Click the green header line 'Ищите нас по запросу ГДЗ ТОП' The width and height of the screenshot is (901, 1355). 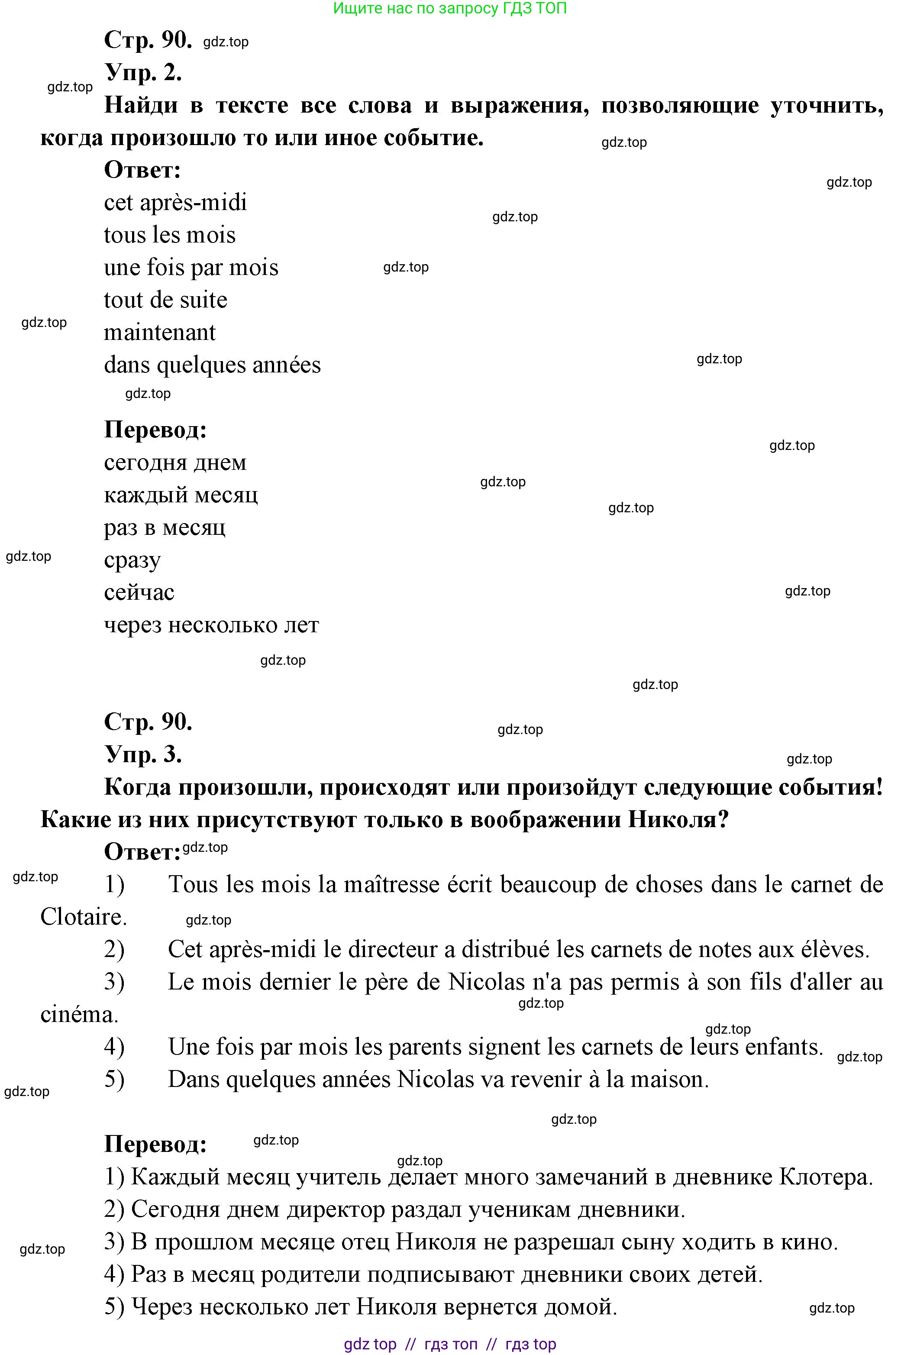tap(450, 9)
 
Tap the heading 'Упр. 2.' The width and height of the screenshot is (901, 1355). tap(143, 73)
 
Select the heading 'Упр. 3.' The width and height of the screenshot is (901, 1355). tap(143, 754)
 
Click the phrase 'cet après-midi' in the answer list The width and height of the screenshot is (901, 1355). tap(175, 203)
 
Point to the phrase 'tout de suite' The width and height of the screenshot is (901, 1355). tap(165, 300)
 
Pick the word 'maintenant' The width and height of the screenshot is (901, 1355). tap(160, 333)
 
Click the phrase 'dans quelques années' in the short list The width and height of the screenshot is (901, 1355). tap(212, 365)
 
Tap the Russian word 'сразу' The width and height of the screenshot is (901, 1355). tap(132, 560)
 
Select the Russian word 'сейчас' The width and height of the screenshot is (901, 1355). tap(139, 592)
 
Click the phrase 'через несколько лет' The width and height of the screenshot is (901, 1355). tap(211, 625)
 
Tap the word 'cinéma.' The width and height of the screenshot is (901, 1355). tap(79, 1015)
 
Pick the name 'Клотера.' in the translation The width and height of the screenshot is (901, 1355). tap(826, 1177)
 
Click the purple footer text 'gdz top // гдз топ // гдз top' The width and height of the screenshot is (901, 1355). tap(450, 1345)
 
